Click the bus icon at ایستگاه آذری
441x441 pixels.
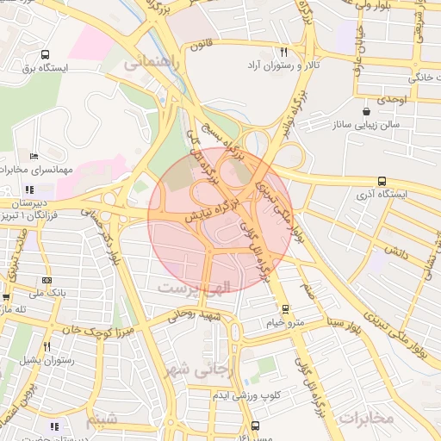coord(382,181)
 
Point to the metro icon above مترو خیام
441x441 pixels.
coord(286,308)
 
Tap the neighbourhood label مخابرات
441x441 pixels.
coord(367,418)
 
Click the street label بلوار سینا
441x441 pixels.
coord(320,325)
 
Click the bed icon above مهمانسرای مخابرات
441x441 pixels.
coord(34,156)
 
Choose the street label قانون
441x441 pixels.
coord(200,44)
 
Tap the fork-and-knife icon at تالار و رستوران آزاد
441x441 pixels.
coord(283,53)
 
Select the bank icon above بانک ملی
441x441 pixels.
coord(46,280)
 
